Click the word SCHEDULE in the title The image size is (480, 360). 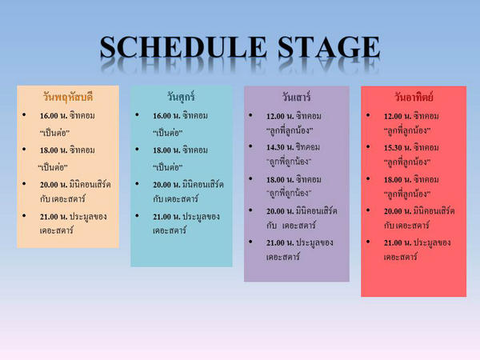[183, 47]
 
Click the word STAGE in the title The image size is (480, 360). [329, 47]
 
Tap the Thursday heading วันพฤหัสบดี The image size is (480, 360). [68, 97]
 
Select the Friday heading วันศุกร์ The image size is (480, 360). [181, 97]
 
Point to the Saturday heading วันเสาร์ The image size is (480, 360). [296, 97]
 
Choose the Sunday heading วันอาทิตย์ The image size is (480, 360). [414, 98]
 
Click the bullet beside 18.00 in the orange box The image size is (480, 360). [24, 149]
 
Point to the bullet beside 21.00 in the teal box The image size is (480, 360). [137, 215]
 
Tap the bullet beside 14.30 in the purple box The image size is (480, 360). [250, 146]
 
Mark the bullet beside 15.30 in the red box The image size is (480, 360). [368, 146]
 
